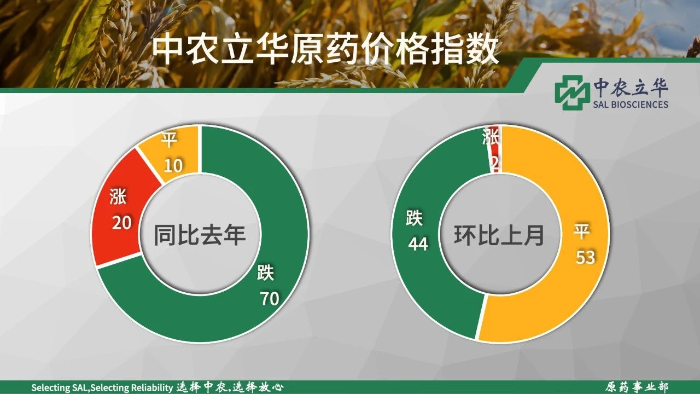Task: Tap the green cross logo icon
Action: pos(570,92)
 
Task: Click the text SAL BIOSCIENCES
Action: pos(631,104)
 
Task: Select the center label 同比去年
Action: pos(200,235)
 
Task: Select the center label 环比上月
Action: pos(499,235)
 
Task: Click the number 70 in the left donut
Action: pos(270,298)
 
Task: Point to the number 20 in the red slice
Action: pos(122,223)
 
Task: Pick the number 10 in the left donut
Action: pos(173,165)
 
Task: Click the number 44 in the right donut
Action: pos(418,244)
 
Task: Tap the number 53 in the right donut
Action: pos(585,258)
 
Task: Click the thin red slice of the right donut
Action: pos(495,149)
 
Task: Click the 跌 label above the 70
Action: pos(266,273)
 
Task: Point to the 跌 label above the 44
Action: pos(415,218)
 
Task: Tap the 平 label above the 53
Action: pos(581,231)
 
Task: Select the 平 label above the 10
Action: pos(169,140)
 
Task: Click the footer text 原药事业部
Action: pos(637,387)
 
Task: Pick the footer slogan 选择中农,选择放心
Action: pos(230,387)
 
